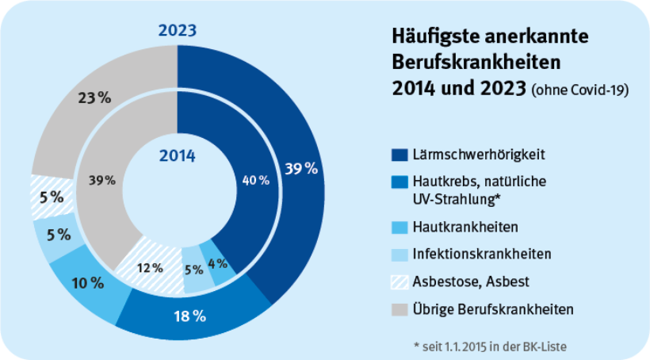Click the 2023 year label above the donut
178,31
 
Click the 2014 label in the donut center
177,155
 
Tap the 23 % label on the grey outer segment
94,98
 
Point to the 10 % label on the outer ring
87,282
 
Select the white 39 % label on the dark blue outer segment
300,168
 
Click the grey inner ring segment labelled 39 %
101,179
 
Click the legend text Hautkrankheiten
465,228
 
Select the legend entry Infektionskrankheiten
481,254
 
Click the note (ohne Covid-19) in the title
580,90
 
